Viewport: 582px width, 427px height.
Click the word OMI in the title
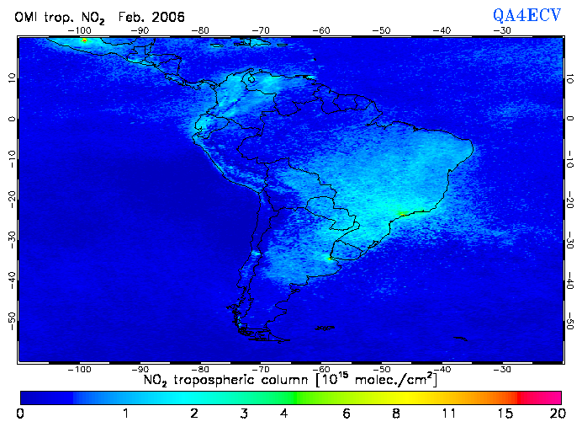(x=29, y=17)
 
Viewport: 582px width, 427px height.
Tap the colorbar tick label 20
(x=554, y=414)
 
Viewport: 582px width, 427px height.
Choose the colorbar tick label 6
(x=347, y=414)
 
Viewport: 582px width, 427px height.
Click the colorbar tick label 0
(x=20, y=414)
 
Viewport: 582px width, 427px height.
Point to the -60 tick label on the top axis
(x=321, y=30)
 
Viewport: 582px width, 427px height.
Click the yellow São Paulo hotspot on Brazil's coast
(x=402, y=213)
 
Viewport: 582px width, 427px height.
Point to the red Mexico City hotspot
(x=84, y=40)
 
